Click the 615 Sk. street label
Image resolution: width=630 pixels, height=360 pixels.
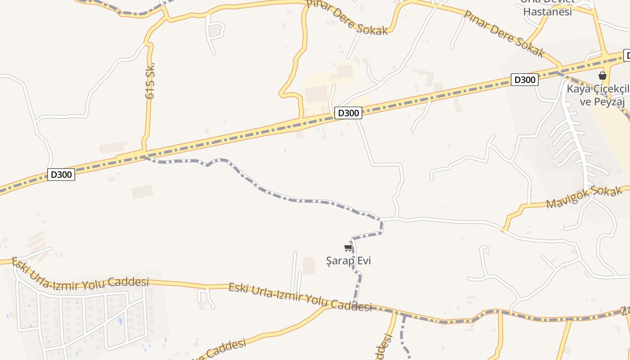click(150, 80)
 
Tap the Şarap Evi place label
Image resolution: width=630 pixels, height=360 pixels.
click(349, 261)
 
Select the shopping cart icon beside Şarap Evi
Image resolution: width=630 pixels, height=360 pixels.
click(348, 247)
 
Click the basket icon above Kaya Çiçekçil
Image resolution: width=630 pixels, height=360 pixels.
click(603, 76)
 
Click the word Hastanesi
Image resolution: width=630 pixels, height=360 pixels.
click(548, 12)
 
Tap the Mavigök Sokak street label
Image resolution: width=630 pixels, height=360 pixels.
click(584, 198)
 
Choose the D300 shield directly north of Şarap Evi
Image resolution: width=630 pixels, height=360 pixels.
click(348, 113)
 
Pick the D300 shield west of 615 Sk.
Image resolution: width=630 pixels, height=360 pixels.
click(61, 174)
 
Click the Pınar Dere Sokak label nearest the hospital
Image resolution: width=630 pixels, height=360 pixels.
click(504, 34)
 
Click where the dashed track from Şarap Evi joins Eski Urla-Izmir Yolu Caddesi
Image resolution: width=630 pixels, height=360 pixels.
click(354, 305)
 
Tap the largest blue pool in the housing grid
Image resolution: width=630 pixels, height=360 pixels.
click(119, 321)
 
